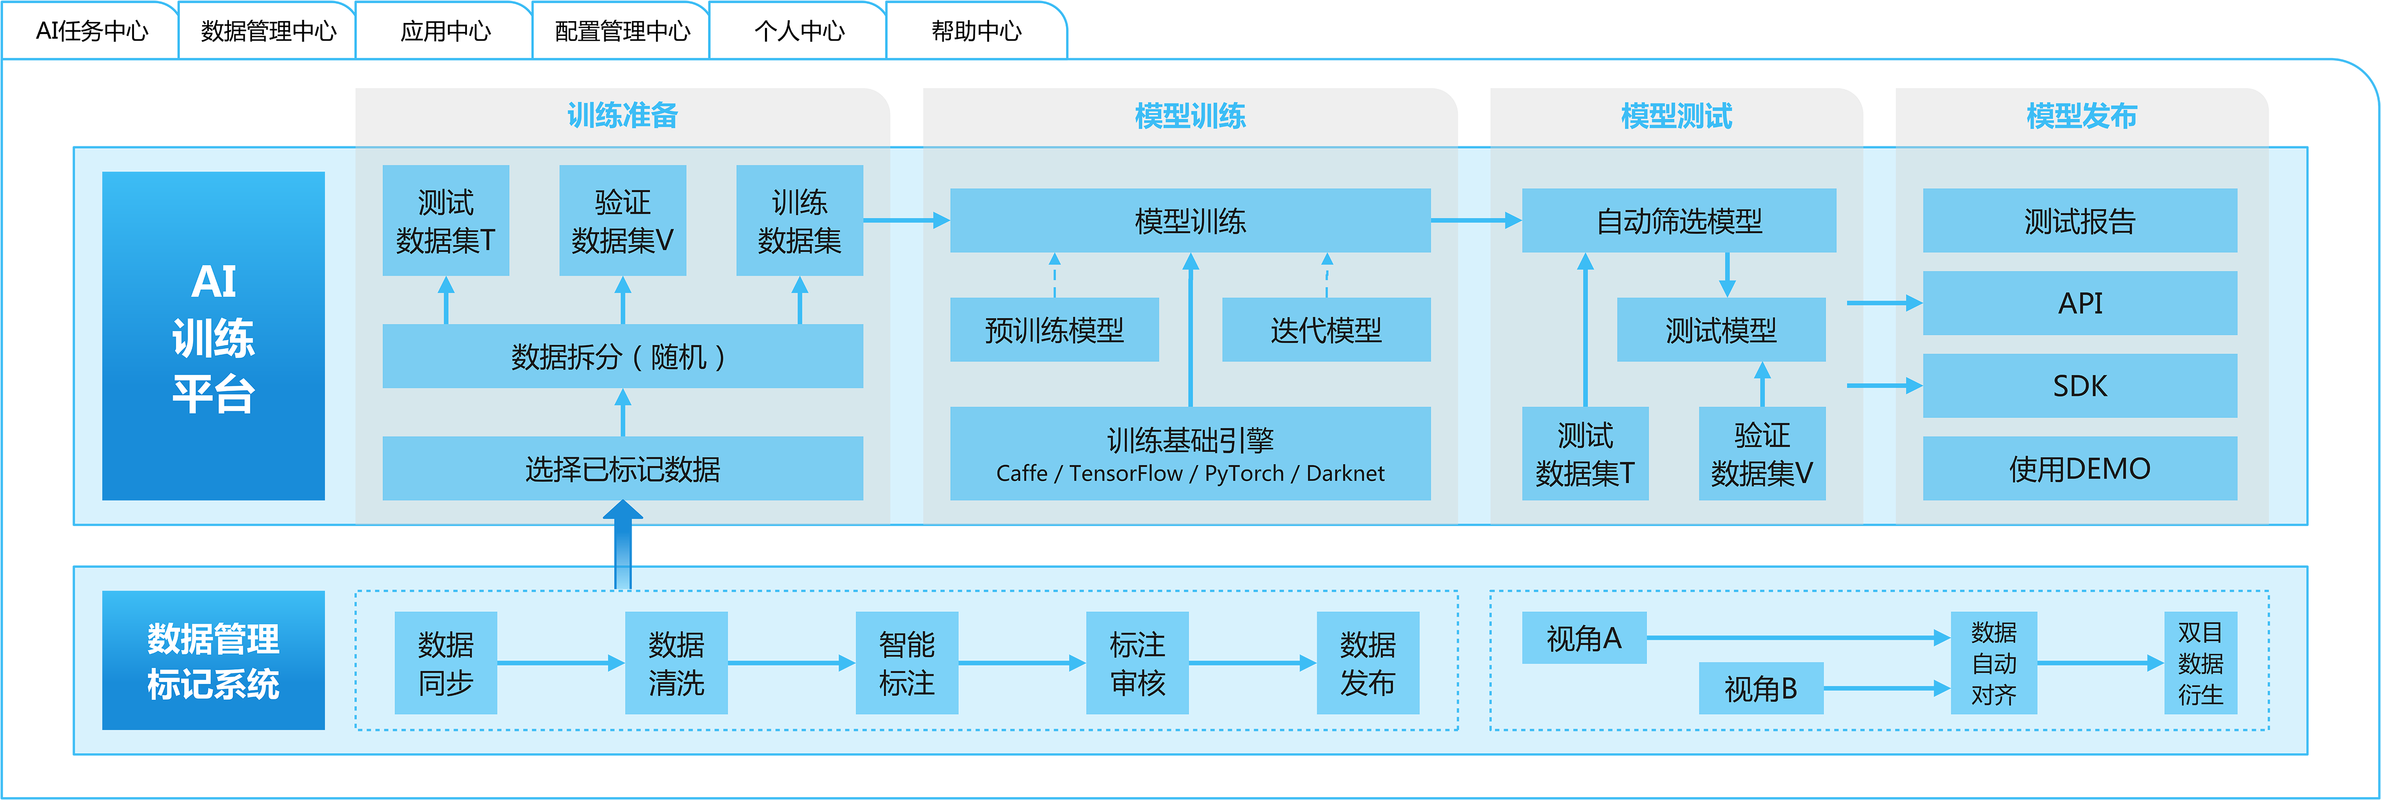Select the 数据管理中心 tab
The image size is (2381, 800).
point(268,31)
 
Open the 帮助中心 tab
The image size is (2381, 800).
point(976,31)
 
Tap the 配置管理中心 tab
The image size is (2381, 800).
point(622,31)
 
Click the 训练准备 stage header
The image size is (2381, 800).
point(622,116)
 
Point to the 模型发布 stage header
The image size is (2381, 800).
point(2081,116)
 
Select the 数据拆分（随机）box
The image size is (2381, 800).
point(622,357)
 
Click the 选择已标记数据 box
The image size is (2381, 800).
point(622,469)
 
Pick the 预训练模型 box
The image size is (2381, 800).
point(1053,330)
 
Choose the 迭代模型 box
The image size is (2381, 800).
point(1326,330)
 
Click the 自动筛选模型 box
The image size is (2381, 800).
point(1678,221)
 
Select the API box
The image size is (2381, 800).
point(2080,303)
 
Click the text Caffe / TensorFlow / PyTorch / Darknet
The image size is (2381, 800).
point(1190,474)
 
